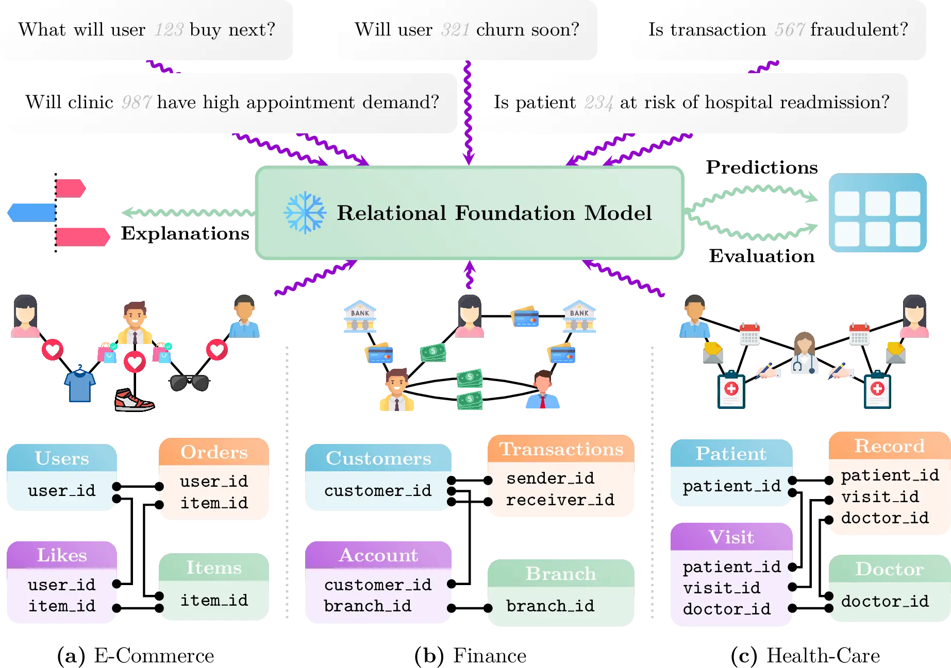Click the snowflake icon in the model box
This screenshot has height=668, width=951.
click(x=305, y=213)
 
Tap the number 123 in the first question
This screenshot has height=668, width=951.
click(x=169, y=30)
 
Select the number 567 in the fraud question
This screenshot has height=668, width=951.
click(x=789, y=30)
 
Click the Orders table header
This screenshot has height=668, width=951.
click(x=214, y=452)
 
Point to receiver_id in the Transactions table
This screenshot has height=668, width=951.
click(x=560, y=500)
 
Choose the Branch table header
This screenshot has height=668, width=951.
click(x=560, y=574)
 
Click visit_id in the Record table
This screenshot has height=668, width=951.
click(x=879, y=497)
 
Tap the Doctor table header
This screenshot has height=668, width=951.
click(x=889, y=569)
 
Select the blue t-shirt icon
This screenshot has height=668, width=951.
click(x=79, y=384)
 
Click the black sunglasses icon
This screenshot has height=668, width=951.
click(x=189, y=383)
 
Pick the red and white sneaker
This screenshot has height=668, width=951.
click(x=134, y=400)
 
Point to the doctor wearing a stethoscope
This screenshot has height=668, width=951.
click(x=804, y=353)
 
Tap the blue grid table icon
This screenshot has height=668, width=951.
click(x=877, y=213)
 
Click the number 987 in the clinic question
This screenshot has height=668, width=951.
click(x=136, y=102)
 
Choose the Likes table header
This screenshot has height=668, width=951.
click(x=62, y=555)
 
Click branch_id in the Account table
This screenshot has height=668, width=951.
click(x=368, y=606)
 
